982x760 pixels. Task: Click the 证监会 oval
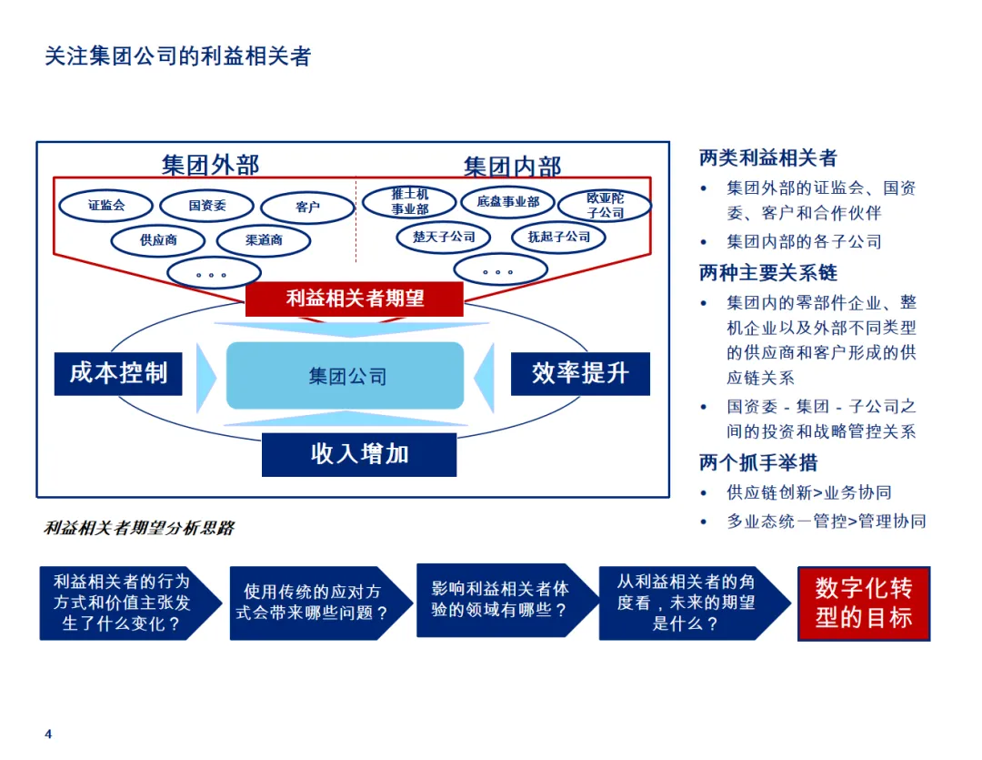tap(105, 205)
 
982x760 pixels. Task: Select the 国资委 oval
tap(206, 206)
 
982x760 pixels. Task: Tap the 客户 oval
tap(307, 208)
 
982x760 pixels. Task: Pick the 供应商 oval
tap(158, 240)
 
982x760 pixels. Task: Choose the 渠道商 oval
tap(264, 240)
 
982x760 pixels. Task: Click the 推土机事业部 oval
tap(409, 201)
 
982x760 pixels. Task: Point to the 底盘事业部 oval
tap(507, 201)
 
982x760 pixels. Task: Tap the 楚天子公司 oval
tap(444, 237)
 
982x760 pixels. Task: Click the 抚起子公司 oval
tap(558, 237)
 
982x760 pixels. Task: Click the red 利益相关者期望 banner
tap(355, 298)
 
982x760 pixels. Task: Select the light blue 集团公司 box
tap(346, 375)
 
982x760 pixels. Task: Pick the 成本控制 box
tap(118, 373)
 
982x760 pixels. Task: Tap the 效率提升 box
tap(579, 373)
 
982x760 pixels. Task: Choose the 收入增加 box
tap(359, 453)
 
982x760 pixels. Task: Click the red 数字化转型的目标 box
tap(864, 603)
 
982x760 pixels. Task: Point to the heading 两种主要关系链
tap(768, 273)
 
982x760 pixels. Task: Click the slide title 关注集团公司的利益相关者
tap(178, 56)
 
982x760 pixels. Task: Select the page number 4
tap(49, 735)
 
